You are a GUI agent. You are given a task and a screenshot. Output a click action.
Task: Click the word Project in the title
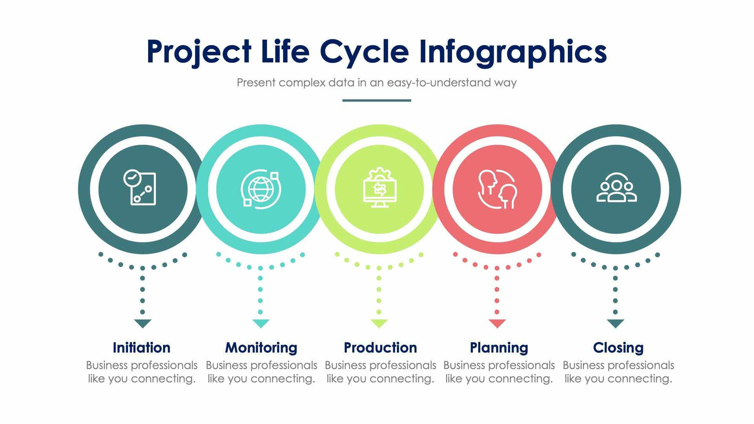199,52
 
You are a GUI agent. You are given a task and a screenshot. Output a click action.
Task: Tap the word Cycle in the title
364,52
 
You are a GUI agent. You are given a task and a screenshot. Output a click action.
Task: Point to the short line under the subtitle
377,100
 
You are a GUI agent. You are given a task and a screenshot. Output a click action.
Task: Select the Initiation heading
141,348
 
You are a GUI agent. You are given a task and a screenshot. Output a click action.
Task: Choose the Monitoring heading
261,348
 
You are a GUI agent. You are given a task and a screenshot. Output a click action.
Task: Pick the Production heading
380,348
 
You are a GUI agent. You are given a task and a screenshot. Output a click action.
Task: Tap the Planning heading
499,348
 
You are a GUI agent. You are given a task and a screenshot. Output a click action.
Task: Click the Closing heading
618,348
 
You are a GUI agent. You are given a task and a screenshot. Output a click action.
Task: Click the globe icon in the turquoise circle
261,189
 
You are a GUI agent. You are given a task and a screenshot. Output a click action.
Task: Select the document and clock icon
140,188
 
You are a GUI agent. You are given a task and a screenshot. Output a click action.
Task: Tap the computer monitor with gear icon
380,188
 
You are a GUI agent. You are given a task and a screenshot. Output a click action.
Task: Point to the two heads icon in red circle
498,189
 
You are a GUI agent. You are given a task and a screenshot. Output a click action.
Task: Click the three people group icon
616,188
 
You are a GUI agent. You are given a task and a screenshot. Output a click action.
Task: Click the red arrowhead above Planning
497,323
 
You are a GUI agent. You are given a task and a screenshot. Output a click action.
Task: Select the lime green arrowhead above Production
379,323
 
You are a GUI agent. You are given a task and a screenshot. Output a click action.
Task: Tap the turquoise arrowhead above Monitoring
261,323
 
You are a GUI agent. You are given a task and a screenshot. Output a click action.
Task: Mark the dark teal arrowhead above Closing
615,323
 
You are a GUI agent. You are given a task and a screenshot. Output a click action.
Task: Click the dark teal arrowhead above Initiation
142,323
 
